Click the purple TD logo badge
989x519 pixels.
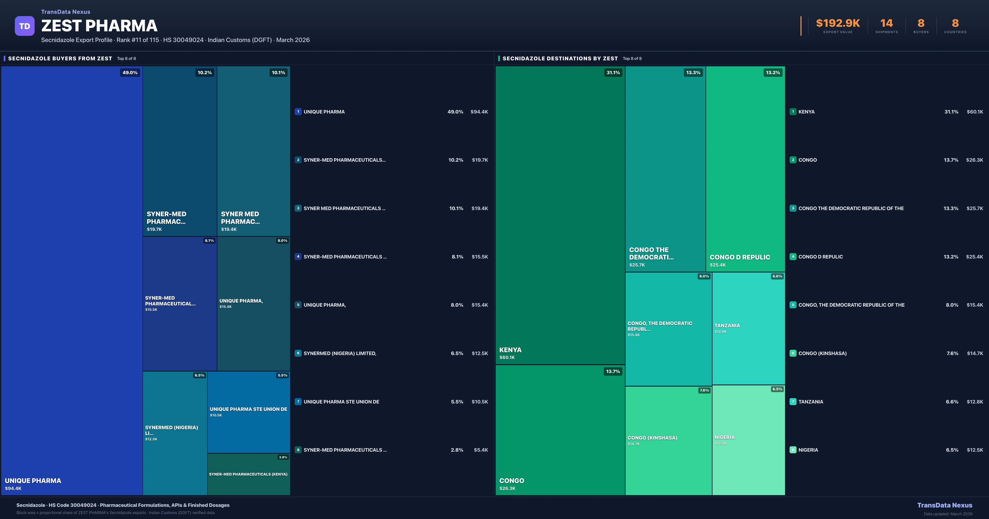tap(25, 26)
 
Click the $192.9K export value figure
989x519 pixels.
tap(838, 23)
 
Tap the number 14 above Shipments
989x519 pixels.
tap(886, 23)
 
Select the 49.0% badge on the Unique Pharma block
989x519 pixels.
tap(130, 72)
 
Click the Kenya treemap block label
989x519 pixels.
tap(510, 350)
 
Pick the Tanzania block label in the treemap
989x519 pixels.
tap(727, 326)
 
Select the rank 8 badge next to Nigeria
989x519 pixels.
tap(793, 450)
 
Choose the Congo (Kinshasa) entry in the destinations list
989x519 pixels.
tap(822, 353)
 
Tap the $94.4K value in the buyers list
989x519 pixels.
tap(479, 112)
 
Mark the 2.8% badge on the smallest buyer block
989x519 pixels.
tap(283, 457)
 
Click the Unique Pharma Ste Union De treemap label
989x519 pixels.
tap(248, 409)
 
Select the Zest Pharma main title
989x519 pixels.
tap(99, 26)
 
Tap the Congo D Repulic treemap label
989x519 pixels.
tap(740, 257)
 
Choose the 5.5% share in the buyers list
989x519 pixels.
tap(457, 402)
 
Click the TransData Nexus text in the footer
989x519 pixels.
tap(944, 505)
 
